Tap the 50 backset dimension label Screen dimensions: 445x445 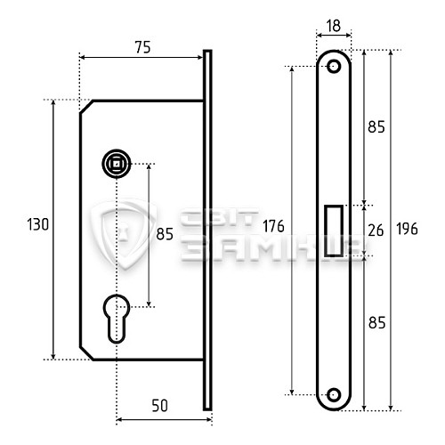[x=159, y=406]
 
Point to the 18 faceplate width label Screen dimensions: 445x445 [x=334, y=26]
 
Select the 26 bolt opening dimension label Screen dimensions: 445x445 [x=376, y=231]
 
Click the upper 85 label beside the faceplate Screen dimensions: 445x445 [x=376, y=127]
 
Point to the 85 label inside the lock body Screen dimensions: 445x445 [x=165, y=235]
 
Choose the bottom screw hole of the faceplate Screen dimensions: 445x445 [x=335, y=393]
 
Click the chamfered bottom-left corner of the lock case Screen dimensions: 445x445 [x=86, y=352]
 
